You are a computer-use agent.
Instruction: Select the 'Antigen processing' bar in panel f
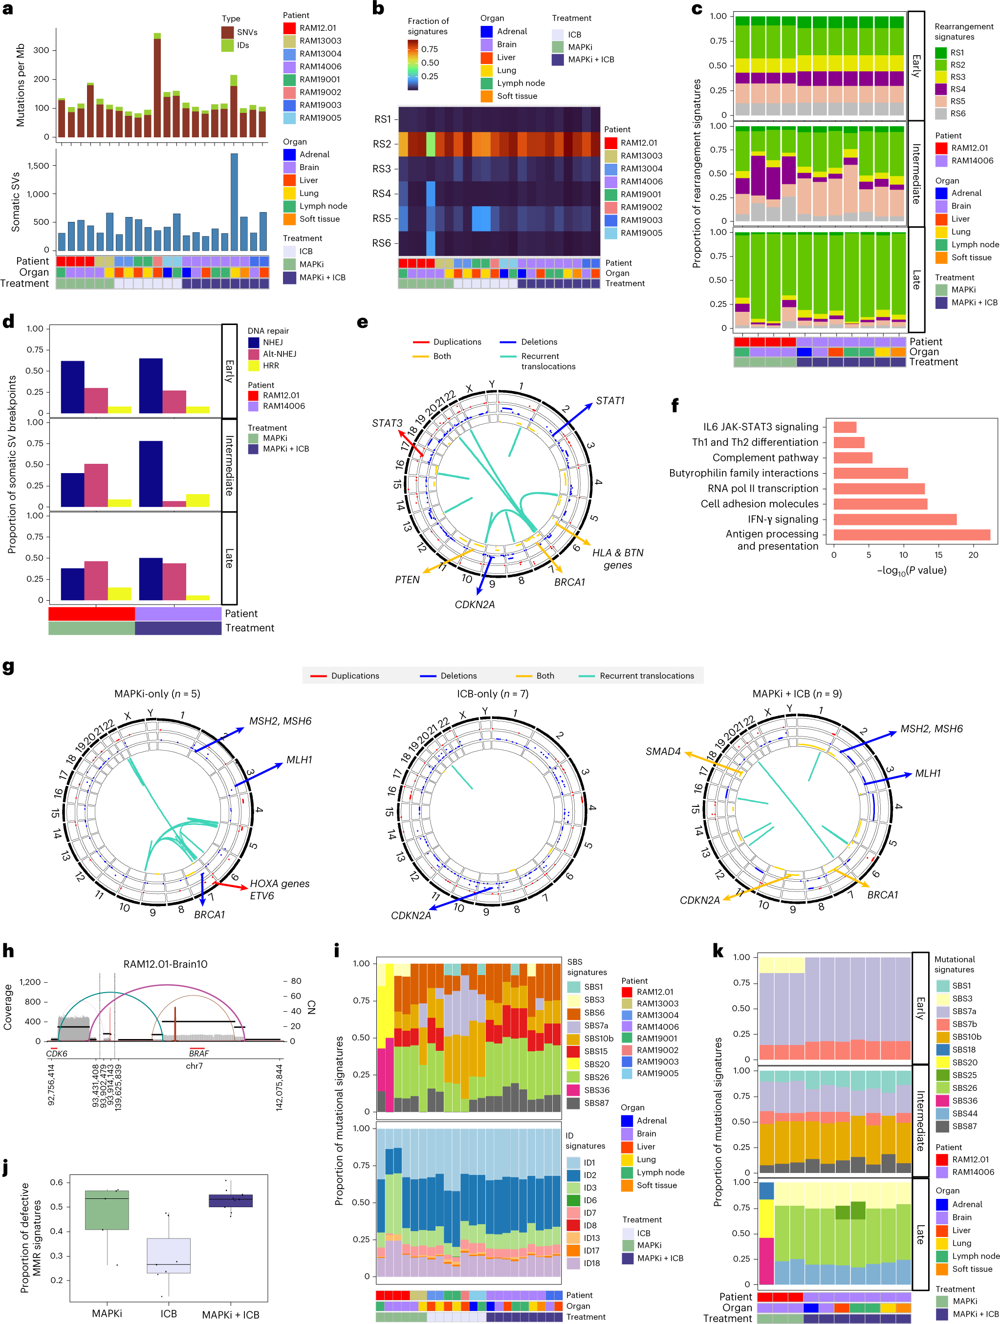pos(911,535)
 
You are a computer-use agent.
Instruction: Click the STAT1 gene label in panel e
pos(610,400)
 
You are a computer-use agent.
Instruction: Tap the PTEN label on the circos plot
pos(407,579)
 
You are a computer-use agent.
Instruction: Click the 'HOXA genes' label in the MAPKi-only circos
pos(280,884)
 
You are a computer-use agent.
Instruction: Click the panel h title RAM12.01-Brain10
pos(165,964)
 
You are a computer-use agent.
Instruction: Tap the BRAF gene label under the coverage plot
pos(199,1053)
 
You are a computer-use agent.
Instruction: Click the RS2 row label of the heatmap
pos(382,144)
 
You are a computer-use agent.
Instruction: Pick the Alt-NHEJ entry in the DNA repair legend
pos(279,354)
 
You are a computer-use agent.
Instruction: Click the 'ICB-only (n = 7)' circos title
pos(492,694)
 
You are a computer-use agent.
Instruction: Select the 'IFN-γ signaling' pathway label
pos(783,519)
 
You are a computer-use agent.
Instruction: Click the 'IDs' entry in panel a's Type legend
pos(242,45)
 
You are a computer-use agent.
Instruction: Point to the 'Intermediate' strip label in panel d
pos(229,465)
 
